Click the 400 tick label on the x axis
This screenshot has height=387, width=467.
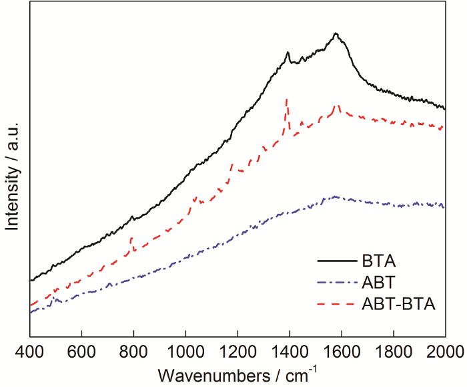tap(29, 351)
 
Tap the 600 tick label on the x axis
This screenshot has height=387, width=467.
tap(81, 351)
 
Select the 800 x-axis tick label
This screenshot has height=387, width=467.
tap(133, 351)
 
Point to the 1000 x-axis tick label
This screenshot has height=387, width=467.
tap(185, 351)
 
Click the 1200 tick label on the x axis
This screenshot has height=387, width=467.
tap(238, 351)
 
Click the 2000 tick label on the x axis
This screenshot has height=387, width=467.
tap(444, 351)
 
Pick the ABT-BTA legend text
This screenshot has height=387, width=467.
tap(400, 305)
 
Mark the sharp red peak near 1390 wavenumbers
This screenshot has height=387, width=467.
tap(287, 100)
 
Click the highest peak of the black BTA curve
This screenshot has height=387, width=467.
tap(336, 33)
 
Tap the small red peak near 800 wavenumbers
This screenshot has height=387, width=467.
tap(131, 237)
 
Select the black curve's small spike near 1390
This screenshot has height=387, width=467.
tap(288, 53)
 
